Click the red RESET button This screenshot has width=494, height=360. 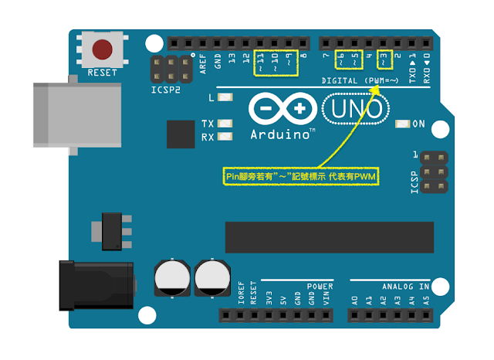[102, 49]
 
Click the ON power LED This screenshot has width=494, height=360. [402, 124]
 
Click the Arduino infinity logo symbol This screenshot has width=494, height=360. [283, 109]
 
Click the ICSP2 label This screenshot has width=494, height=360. [168, 88]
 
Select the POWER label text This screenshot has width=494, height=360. [320, 286]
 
